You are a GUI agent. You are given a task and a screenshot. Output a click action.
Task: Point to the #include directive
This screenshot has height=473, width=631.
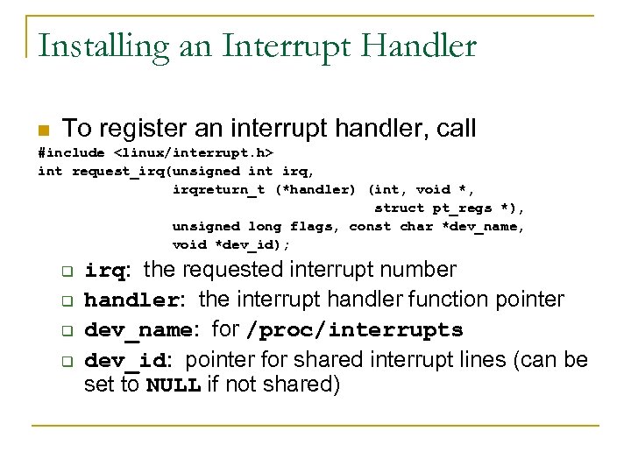pyautogui.click(x=71, y=152)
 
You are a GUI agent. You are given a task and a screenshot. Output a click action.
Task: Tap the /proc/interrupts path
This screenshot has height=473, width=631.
pyautogui.click(x=354, y=330)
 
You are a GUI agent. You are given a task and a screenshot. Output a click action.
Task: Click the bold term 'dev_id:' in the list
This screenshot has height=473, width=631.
pyautogui.click(x=128, y=361)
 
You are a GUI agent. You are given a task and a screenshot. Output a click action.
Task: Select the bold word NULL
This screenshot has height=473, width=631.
pyautogui.click(x=174, y=385)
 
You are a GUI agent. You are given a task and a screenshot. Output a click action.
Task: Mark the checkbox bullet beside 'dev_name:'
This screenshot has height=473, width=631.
pyautogui.click(x=64, y=331)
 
